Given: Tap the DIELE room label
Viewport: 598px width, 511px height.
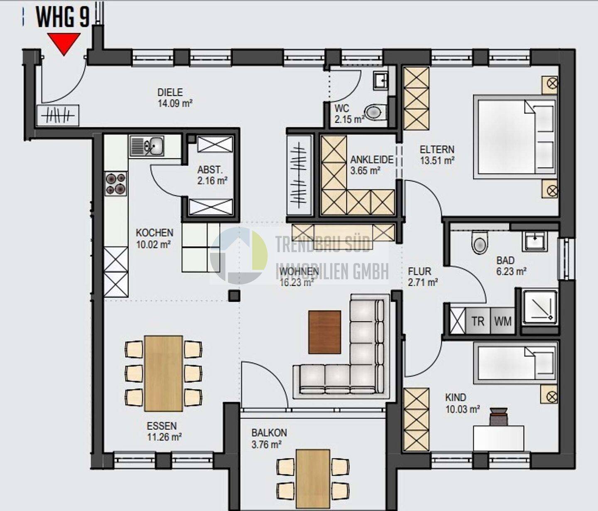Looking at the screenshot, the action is coord(170,92).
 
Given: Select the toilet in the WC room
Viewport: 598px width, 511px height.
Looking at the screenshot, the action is coord(375,112).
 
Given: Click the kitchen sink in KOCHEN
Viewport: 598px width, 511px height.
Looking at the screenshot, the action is coord(147,146).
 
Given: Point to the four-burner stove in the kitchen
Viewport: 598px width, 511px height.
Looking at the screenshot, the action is coord(116,184).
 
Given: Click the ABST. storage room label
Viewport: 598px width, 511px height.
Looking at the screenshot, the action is coord(210,169).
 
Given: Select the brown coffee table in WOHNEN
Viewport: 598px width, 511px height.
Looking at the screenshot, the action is coord(325,332).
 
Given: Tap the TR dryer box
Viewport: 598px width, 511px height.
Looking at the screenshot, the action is coord(478,322).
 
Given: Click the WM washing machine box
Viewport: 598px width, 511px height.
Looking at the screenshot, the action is coord(503,322).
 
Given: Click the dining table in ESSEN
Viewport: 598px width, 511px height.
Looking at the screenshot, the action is coord(164,373).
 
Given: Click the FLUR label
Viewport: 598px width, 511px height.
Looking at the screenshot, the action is coord(419,271).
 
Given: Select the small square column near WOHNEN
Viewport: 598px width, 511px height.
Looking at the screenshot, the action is coord(234,296).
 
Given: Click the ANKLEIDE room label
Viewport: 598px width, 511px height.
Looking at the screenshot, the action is coord(372,160).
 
